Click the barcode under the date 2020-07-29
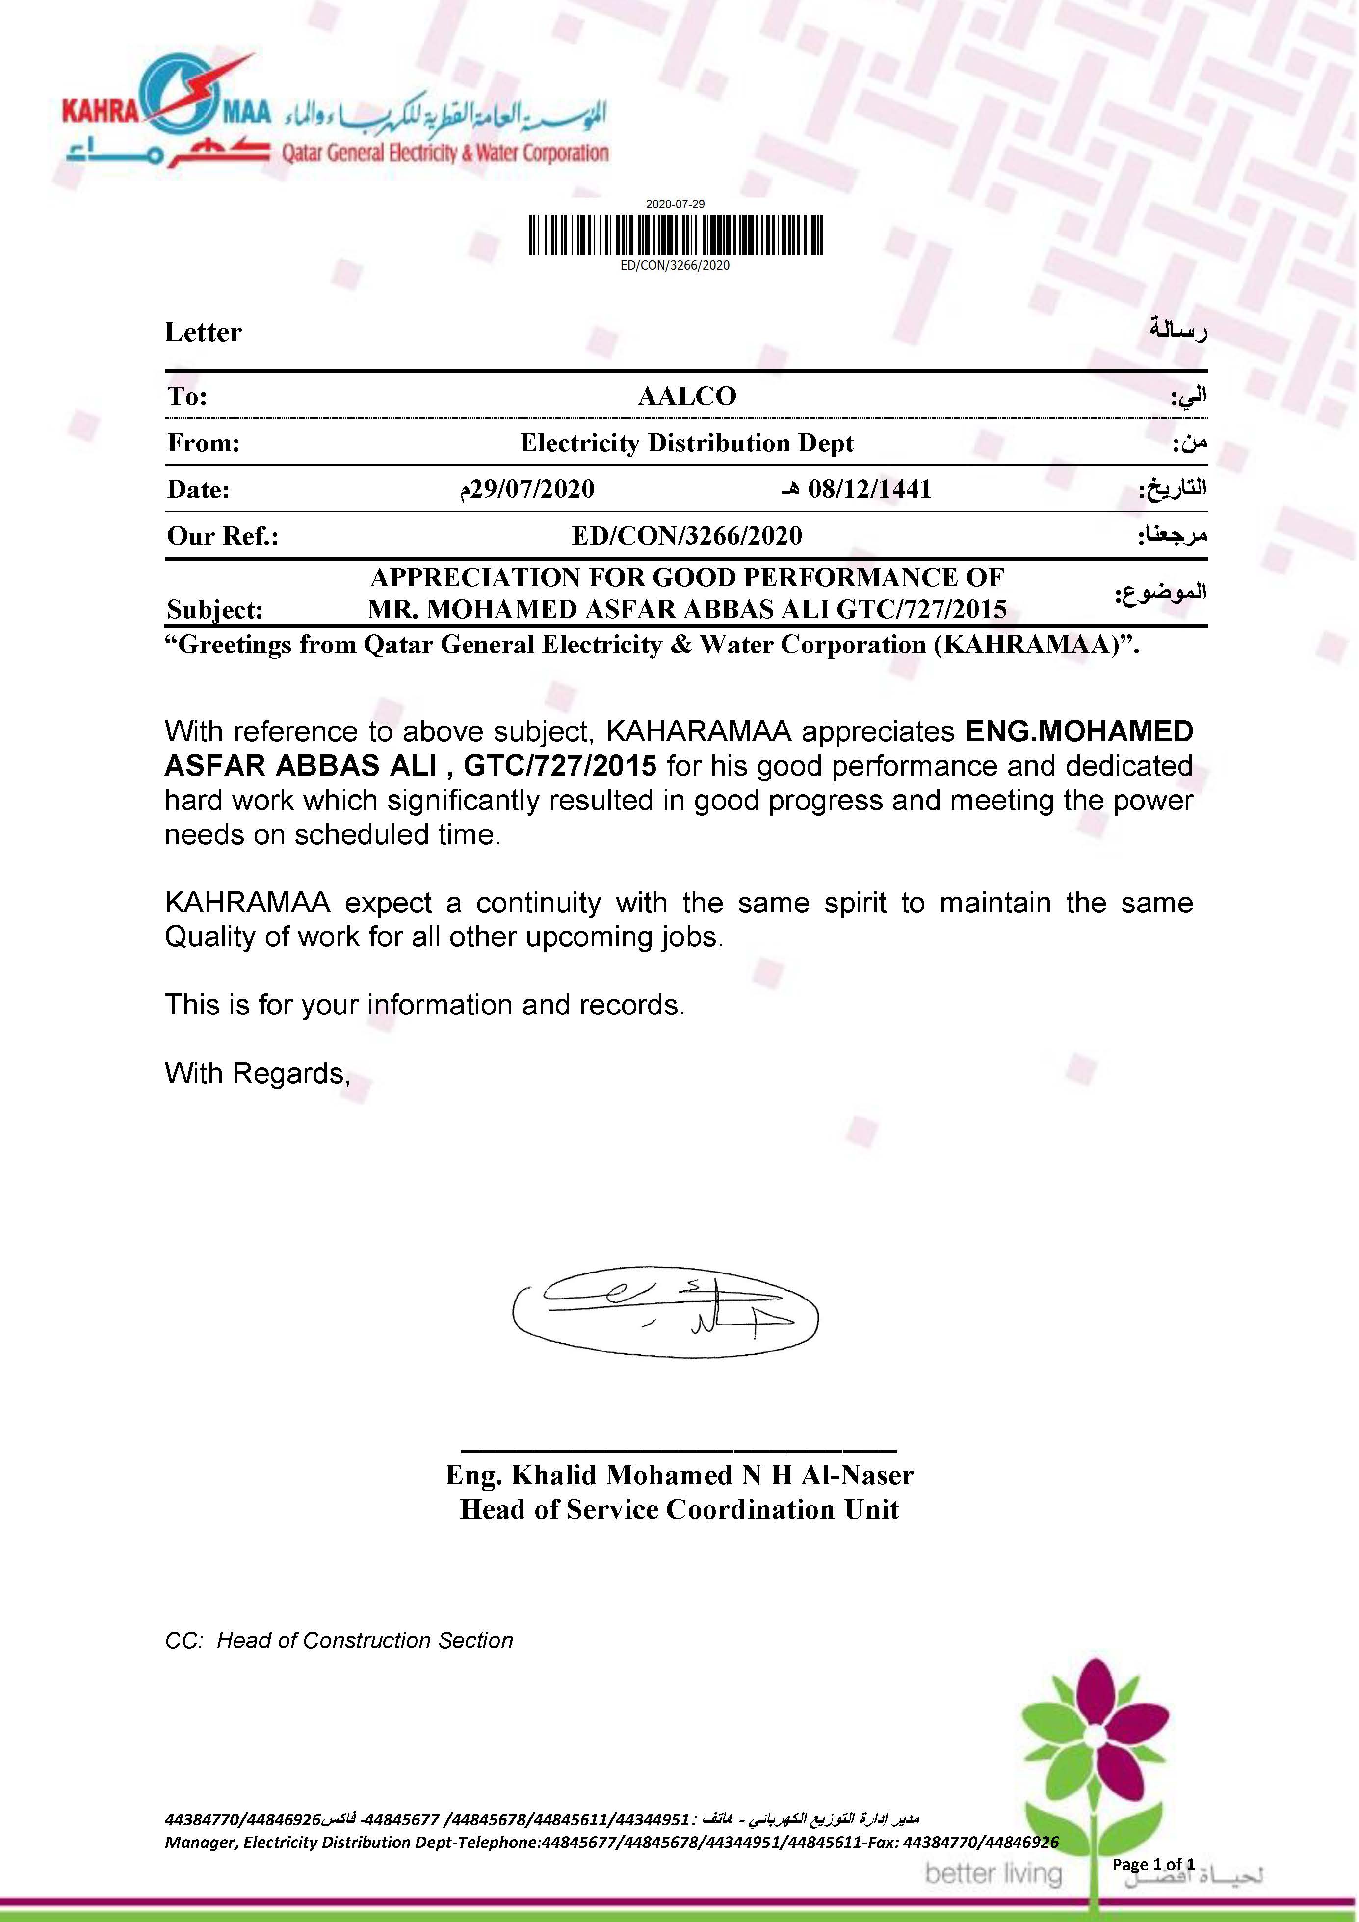pos(675,235)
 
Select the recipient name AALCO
pos(687,396)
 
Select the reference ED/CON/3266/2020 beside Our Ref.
pos(687,536)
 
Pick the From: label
pos(204,443)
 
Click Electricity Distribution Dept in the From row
pos(687,443)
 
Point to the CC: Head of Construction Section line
pos(339,1641)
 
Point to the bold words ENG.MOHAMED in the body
pos(1079,731)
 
